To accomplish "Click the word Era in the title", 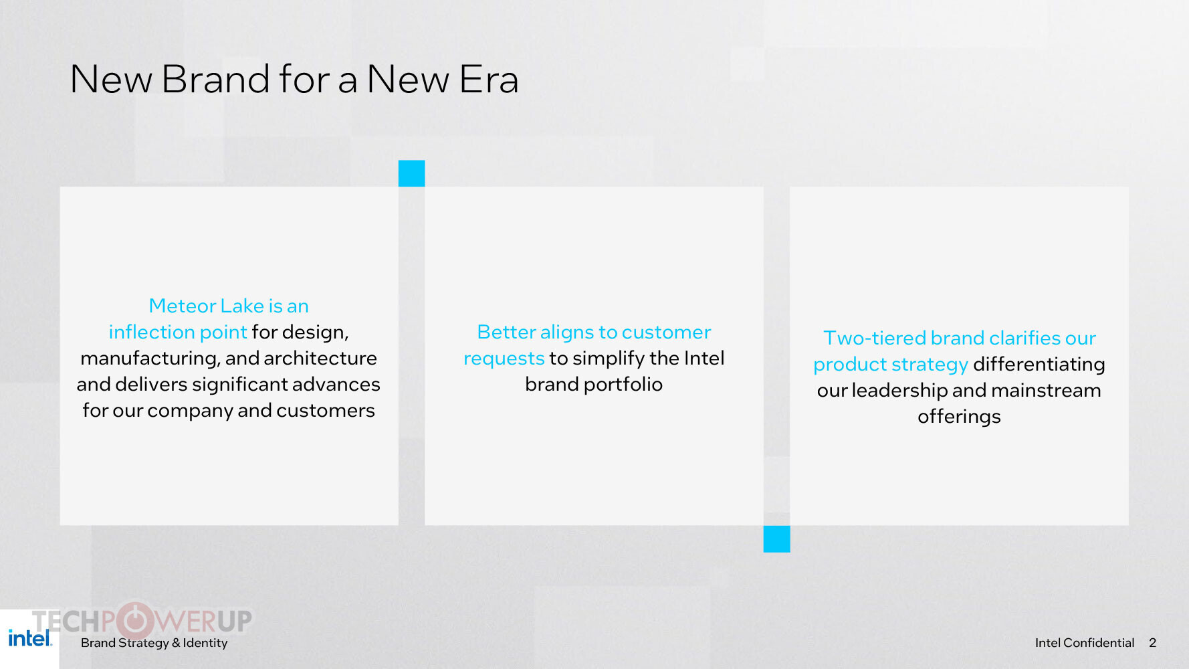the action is point(489,79).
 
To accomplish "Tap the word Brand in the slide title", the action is point(215,79).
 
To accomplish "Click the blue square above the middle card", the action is point(411,173).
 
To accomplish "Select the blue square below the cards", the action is point(776,539).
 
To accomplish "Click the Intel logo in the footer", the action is point(30,638).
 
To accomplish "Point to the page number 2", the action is point(1152,643).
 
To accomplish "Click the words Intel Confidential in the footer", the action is point(1085,643).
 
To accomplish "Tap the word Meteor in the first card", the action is point(183,306).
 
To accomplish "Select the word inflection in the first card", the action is point(151,332).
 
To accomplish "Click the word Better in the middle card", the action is point(506,332).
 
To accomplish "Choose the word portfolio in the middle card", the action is point(623,385).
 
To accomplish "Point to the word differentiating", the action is point(1039,365).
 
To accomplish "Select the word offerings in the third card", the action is point(959,417).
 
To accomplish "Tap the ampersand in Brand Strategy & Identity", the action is point(176,643).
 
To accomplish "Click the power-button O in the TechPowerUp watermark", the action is point(134,621).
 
